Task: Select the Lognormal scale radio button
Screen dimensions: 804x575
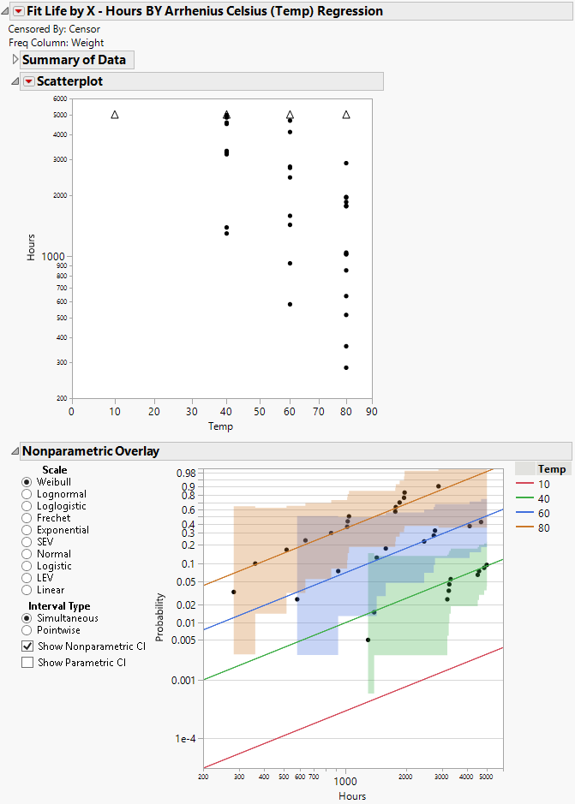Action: pyautogui.click(x=27, y=494)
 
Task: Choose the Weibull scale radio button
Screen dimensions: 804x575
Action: pyautogui.click(x=27, y=482)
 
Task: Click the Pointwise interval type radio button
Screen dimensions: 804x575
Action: pyautogui.click(x=27, y=630)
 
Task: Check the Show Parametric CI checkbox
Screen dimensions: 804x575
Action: pyautogui.click(x=27, y=662)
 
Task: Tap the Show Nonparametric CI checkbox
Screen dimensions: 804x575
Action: pyautogui.click(x=27, y=646)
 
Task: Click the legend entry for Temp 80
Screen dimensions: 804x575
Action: pyautogui.click(x=543, y=528)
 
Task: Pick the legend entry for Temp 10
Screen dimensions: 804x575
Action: pyautogui.click(x=543, y=485)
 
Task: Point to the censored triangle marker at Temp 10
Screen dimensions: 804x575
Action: pyautogui.click(x=115, y=115)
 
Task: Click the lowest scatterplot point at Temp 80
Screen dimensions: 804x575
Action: pyautogui.click(x=346, y=367)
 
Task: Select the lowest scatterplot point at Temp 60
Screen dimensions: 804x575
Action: pyautogui.click(x=290, y=304)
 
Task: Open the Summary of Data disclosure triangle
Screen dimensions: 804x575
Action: pyautogui.click(x=15, y=60)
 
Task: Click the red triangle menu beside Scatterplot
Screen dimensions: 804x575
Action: pyautogui.click(x=28, y=81)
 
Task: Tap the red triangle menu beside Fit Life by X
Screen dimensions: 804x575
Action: pyautogui.click(x=19, y=11)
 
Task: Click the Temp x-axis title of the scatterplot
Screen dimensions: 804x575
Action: pyautogui.click(x=221, y=426)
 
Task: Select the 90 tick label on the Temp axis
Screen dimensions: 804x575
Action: pyautogui.click(x=371, y=412)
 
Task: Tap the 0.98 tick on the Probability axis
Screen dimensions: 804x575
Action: pyautogui.click(x=185, y=473)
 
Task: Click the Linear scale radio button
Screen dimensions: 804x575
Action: pyautogui.click(x=27, y=590)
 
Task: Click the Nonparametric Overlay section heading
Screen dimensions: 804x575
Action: pyautogui.click(x=90, y=451)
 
